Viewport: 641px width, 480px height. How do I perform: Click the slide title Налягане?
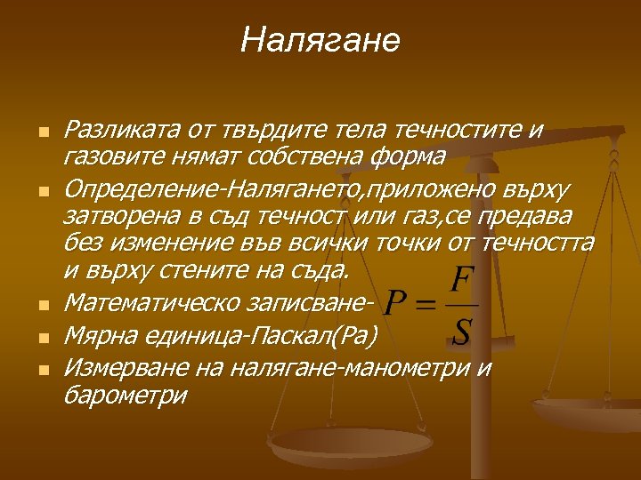coord(320,39)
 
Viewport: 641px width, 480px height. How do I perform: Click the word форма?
coord(412,157)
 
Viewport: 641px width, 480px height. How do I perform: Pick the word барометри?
coord(126,395)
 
